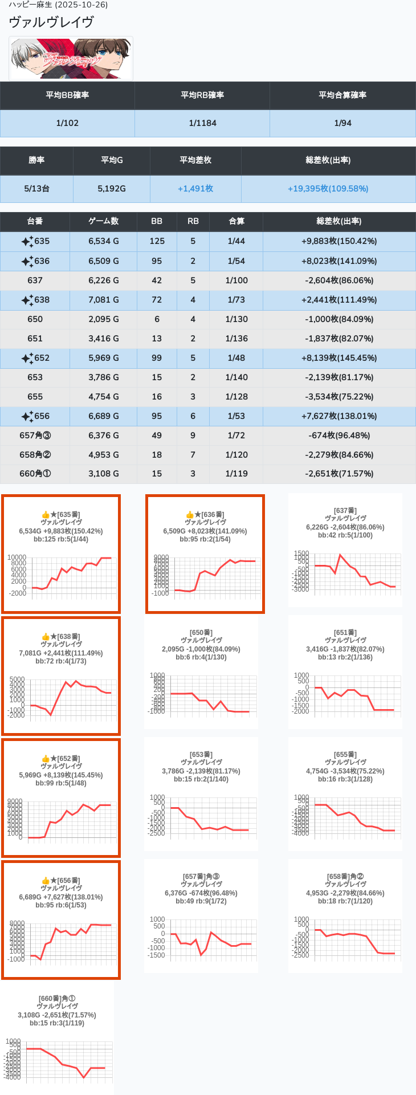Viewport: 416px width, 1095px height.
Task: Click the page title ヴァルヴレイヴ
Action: [x=51, y=22]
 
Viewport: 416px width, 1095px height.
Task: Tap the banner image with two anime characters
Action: [x=71, y=58]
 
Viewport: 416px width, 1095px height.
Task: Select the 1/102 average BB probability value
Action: [x=67, y=123]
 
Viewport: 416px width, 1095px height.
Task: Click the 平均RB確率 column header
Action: [x=202, y=95]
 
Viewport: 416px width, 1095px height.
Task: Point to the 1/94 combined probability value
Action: [x=342, y=123]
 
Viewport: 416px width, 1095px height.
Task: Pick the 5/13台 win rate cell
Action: [x=36, y=189]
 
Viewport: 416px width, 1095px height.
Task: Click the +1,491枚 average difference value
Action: [x=195, y=189]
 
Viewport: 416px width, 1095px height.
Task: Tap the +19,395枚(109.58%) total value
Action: [x=328, y=189]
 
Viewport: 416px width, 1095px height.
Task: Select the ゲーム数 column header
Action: [x=103, y=221]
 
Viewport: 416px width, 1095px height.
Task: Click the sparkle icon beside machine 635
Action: [x=27, y=242]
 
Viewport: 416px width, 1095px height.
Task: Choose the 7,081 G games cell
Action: [x=103, y=300]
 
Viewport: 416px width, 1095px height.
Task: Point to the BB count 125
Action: [x=157, y=241]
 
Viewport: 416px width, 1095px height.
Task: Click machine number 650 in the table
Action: [x=35, y=319]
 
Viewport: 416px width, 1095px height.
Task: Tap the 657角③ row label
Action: [x=35, y=435]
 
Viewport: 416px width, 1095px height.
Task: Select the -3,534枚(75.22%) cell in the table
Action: [x=339, y=397]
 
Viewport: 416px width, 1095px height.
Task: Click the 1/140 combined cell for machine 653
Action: [x=236, y=377]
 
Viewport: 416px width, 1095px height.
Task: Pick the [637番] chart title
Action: [x=345, y=511]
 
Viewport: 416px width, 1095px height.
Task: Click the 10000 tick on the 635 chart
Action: [x=17, y=557]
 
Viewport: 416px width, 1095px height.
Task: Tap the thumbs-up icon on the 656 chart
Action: [x=46, y=881]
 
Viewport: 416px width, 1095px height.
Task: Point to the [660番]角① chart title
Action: [x=57, y=999]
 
